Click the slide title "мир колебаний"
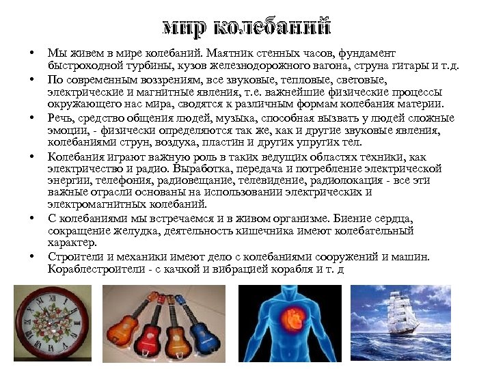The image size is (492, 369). (x=246, y=27)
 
